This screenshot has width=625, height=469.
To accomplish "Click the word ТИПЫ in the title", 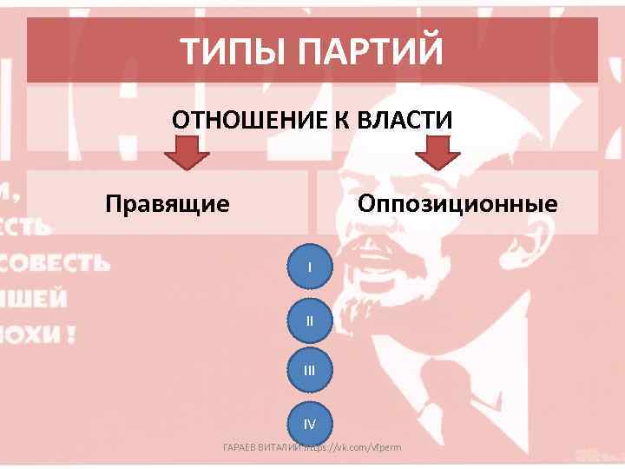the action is [x=234, y=51].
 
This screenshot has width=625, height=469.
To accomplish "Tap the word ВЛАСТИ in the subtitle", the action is [x=405, y=119].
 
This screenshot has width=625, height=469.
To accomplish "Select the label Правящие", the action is [x=168, y=204].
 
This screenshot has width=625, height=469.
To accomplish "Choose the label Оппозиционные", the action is [x=457, y=204].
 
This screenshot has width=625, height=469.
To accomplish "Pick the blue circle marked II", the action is [x=310, y=320].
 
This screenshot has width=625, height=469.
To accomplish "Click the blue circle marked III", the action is [x=310, y=373].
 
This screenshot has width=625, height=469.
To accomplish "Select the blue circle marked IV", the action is [x=310, y=425].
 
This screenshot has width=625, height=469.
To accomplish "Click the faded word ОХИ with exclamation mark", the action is [x=38, y=334].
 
